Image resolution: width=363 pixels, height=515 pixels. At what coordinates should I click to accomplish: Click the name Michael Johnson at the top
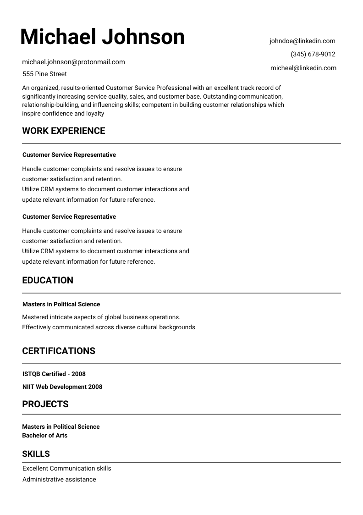[102, 37]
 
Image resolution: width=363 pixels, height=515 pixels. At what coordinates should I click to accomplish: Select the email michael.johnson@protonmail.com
[73, 62]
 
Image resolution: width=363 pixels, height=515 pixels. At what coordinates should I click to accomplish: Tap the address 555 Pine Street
[44, 74]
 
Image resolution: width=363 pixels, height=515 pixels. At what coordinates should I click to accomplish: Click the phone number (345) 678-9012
[313, 54]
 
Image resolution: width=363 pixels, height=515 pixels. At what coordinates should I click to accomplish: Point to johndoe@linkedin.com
[302, 41]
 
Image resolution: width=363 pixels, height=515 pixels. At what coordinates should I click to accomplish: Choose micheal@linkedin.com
[303, 68]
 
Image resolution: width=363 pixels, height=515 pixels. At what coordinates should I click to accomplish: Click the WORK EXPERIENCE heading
[64, 131]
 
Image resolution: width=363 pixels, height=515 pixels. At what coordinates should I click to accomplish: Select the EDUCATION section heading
[48, 280]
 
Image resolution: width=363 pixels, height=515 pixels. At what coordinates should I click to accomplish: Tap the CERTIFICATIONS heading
[59, 351]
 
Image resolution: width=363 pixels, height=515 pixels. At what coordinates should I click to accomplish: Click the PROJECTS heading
[45, 404]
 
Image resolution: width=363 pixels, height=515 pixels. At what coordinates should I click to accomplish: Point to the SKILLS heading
[36, 454]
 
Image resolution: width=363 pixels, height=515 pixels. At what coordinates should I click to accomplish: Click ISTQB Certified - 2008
[54, 374]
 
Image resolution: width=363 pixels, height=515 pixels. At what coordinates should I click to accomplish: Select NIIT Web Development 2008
[62, 387]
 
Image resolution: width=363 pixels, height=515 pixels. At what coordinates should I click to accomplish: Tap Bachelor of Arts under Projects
[45, 435]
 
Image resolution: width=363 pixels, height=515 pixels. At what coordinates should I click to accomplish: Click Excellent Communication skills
[66, 468]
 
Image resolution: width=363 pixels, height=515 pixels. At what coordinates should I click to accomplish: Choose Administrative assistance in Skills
[59, 479]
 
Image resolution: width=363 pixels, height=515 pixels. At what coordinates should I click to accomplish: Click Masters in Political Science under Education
[61, 304]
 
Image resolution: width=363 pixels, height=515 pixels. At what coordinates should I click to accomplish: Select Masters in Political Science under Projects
[61, 426]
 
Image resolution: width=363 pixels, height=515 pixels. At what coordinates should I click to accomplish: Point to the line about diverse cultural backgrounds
[109, 327]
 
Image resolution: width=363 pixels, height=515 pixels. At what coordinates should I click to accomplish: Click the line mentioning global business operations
[101, 317]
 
